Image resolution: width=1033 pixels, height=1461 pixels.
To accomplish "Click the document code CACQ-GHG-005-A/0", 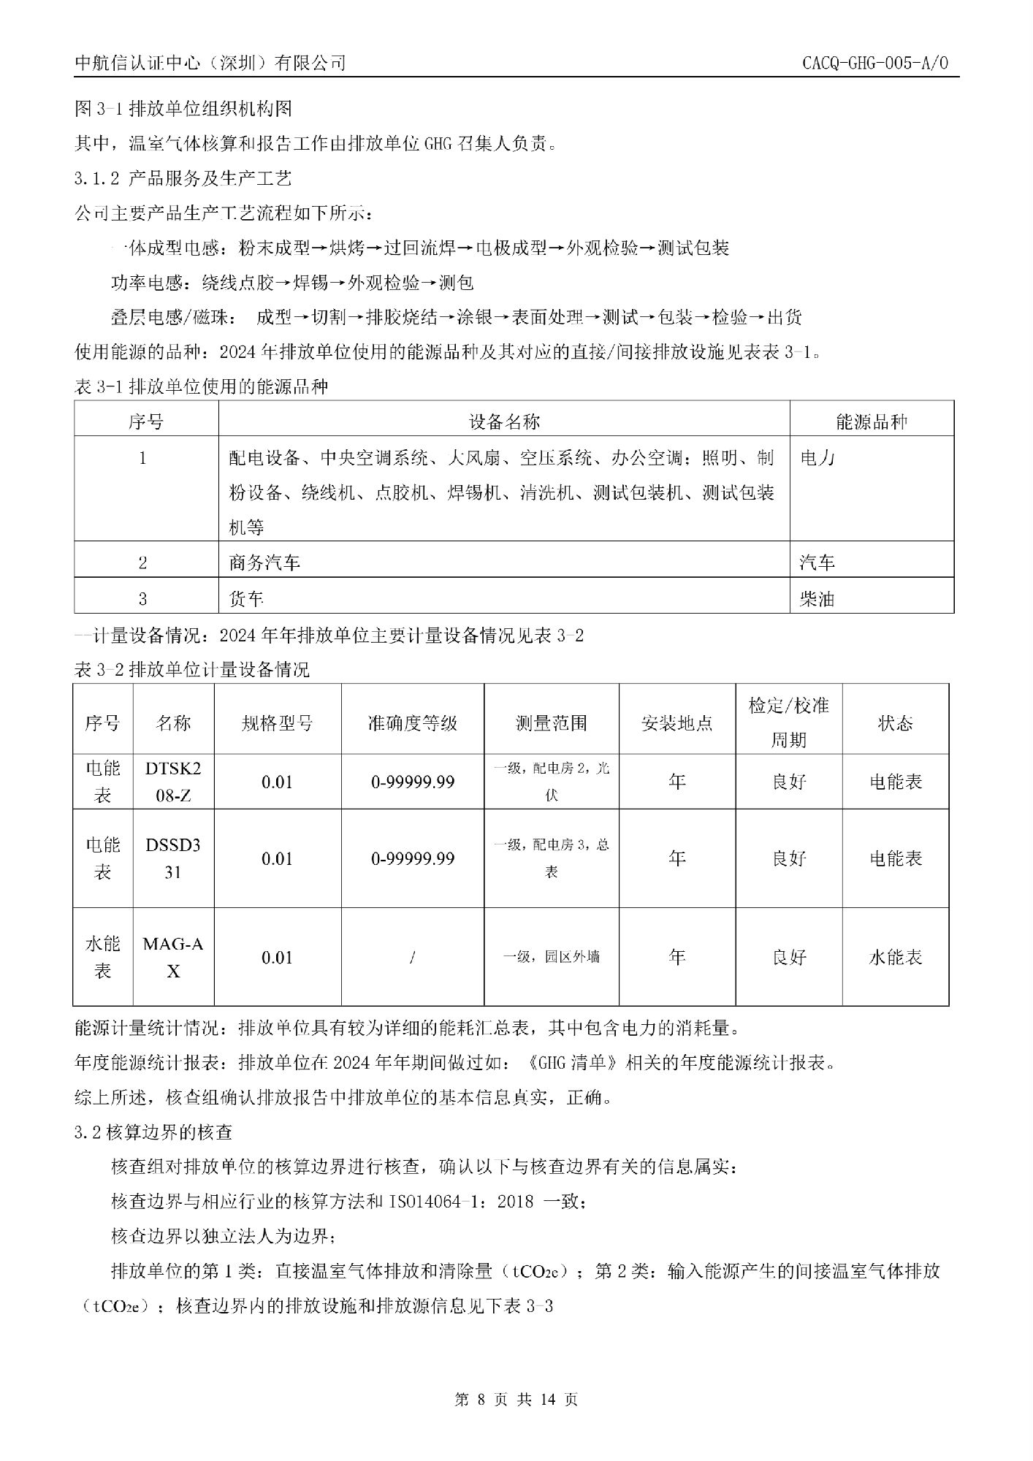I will (x=874, y=63).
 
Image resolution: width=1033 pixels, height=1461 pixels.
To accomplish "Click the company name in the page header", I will (x=210, y=64).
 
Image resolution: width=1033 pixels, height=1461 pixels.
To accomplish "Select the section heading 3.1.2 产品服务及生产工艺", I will (x=183, y=178).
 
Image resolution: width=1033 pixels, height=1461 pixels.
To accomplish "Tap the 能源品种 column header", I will (x=871, y=421).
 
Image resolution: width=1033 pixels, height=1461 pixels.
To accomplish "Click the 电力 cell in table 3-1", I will (x=817, y=459).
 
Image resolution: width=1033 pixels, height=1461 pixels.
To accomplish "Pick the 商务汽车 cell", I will (x=264, y=562).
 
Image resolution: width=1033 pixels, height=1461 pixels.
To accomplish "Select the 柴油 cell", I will (x=817, y=600).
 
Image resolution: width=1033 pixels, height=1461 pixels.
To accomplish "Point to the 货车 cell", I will (x=246, y=600).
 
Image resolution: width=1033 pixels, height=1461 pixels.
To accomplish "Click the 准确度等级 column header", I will (x=412, y=723).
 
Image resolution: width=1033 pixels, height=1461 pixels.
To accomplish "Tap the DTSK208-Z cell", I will (x=173, y=782).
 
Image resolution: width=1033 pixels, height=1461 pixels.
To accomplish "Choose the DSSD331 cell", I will (x=173, y=858).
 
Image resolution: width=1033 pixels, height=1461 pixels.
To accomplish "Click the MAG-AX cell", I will (x=173, y=957).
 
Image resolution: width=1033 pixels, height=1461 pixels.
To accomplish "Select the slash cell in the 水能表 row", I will (x=413, y=958).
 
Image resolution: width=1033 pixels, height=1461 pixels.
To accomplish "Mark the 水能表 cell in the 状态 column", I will (x=895, y=958).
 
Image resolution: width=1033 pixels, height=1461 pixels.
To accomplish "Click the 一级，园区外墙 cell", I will (x=552, y=957).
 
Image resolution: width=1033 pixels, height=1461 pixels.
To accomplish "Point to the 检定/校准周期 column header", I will (x=788, y=722).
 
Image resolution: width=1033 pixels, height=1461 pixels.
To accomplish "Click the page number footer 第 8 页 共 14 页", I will (x=516, y=1400).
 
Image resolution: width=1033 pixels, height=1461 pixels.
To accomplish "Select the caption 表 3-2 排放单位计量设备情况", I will (x=192, y=669).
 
